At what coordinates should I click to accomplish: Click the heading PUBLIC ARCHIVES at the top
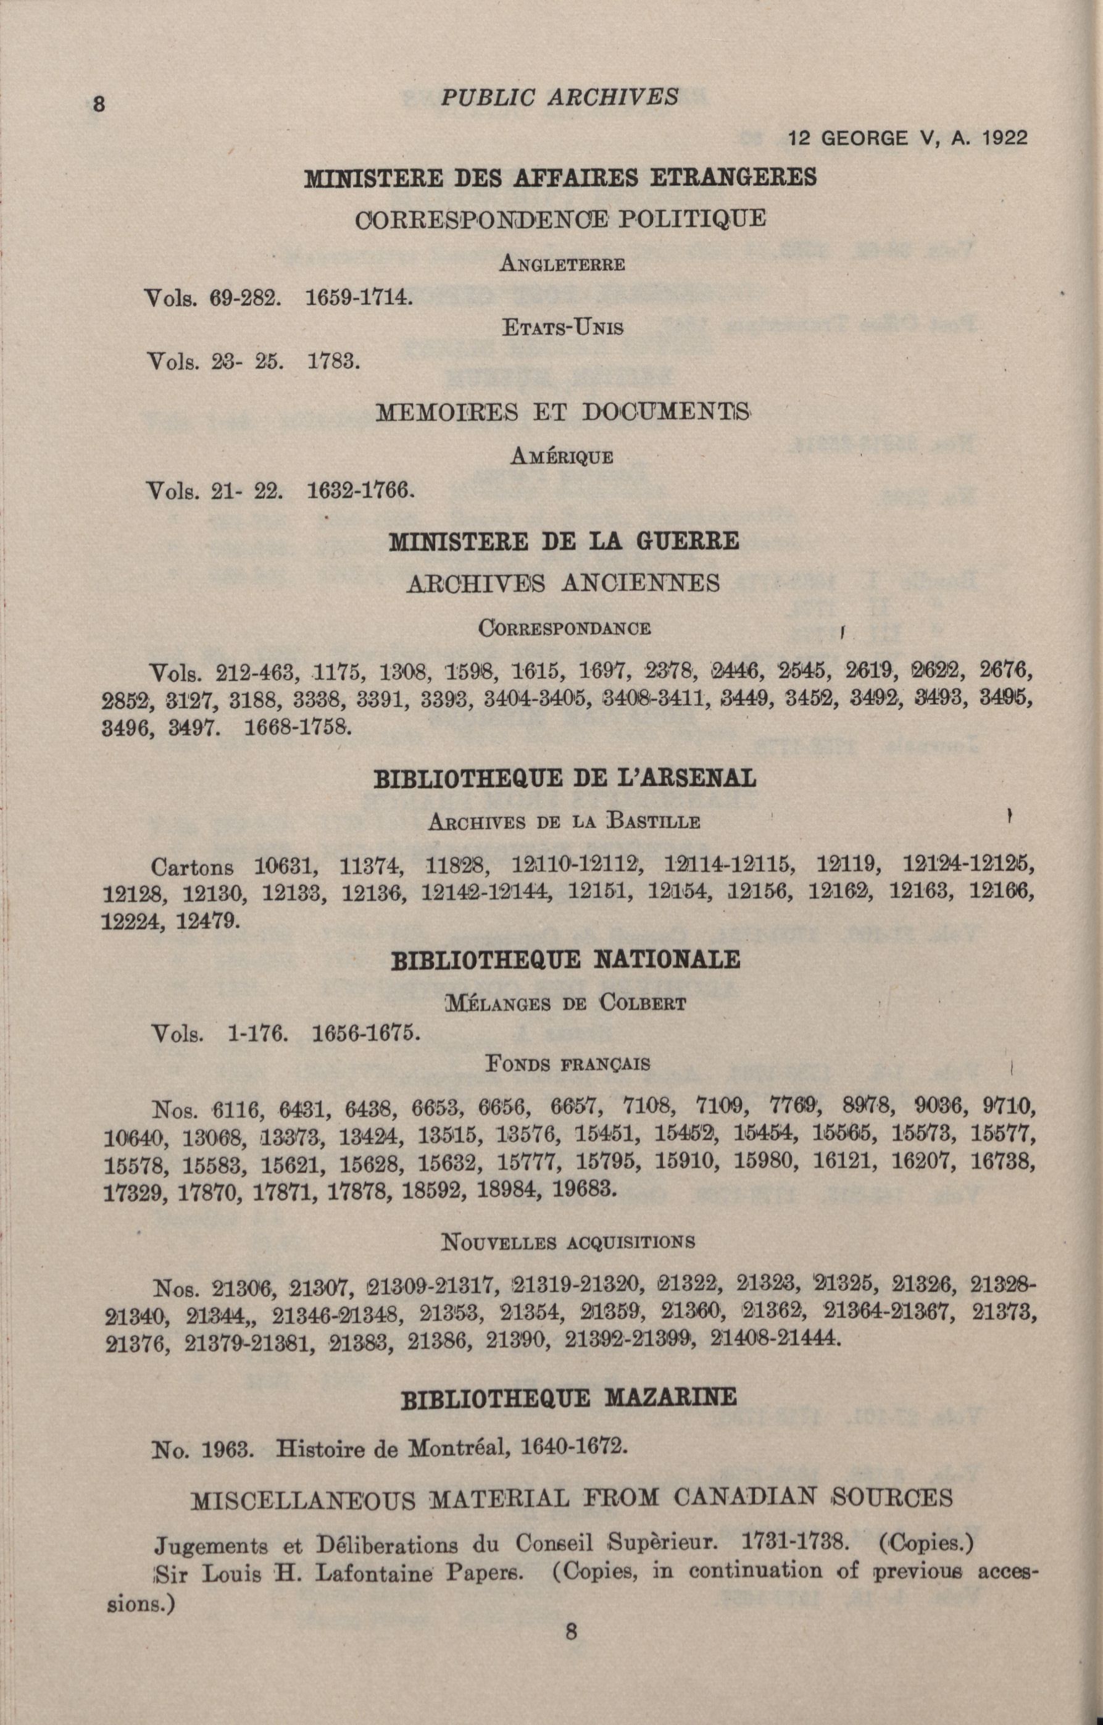[559, 98]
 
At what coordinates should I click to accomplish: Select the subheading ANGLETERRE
[562, 264]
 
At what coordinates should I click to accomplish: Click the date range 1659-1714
[358, 296]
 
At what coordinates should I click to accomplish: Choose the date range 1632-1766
[360, 491]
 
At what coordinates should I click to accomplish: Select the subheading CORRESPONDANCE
[564, 629]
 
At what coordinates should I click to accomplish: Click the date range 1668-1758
[298, 729]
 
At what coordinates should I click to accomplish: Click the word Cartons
[192, 867]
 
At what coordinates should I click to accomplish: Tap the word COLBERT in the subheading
[643, 1002]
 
